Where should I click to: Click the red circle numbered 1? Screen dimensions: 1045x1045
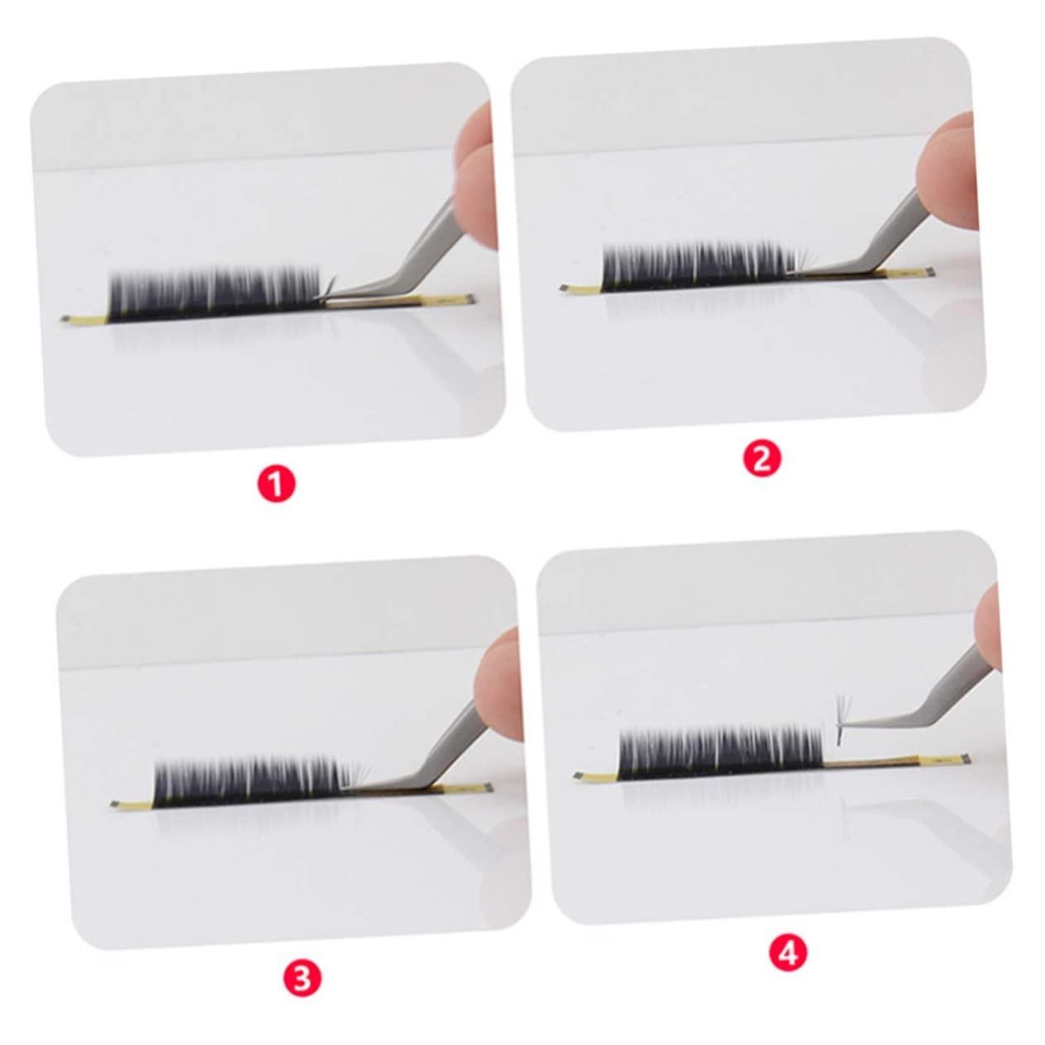coord(276,484)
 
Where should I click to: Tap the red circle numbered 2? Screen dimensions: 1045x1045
coord(761,459)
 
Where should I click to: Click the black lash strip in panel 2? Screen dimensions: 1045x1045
coord(699,267)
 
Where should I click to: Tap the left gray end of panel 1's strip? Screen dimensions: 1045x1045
coord(65,319)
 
